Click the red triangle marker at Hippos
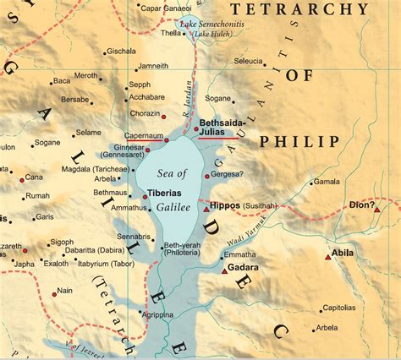pos(205,207)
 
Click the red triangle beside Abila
pos(328,256)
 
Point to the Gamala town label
pos(327,182)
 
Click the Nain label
pos(63,292)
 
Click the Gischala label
pos(122,52)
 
